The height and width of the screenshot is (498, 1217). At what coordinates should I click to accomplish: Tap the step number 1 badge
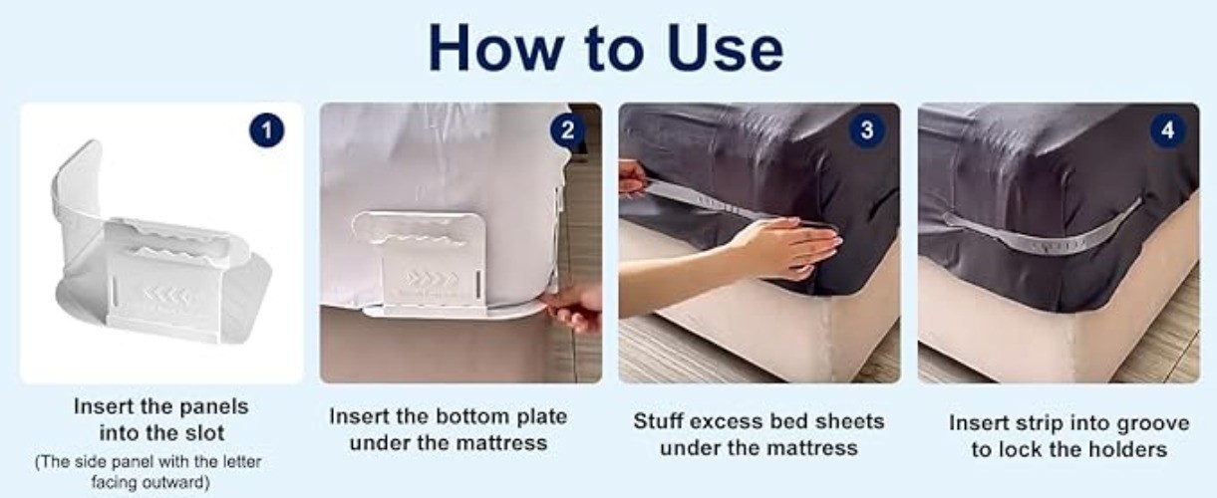pos(266,130)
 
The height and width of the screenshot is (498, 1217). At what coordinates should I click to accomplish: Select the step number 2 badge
pos(567,130)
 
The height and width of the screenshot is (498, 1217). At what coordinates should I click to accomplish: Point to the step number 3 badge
pos(866,130)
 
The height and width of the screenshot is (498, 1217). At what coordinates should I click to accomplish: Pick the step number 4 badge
pos(1167,130)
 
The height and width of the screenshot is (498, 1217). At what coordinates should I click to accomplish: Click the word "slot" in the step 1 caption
pos(203,433)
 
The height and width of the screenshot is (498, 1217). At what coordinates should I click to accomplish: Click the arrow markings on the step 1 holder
pos(165,296)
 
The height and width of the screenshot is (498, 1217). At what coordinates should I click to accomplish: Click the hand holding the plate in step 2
pos(575,307)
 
